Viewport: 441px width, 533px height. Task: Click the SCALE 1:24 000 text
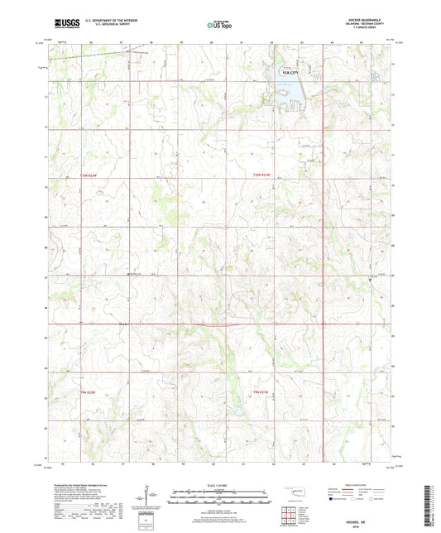tap(219, 484)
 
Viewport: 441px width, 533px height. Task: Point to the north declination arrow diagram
tap(149, 497)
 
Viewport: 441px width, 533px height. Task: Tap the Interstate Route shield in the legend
tap(333, 499)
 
